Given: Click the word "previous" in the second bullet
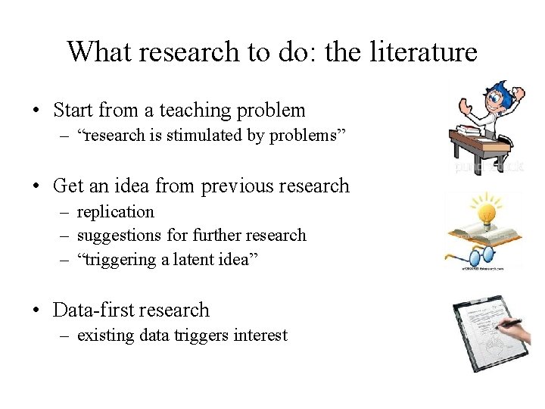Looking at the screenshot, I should point(235,186).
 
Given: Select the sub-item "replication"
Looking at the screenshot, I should point(115,212).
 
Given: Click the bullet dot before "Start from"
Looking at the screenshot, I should point(37,111).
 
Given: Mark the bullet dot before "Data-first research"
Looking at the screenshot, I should point(37,311).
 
